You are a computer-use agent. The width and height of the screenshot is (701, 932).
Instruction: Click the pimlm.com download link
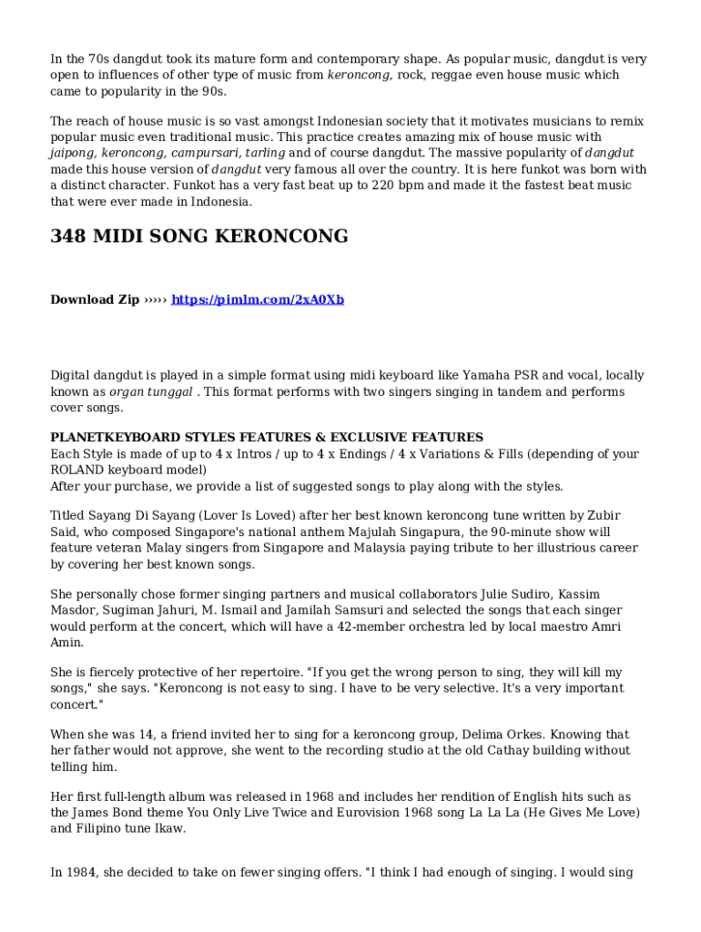pyautogui.click(x=258, y=299)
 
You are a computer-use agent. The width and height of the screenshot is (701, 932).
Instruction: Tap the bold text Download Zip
pyautogui.click(x=95, y=299)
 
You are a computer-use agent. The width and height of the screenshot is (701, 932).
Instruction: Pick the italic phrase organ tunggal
pyautogui.click(x=151, y=391)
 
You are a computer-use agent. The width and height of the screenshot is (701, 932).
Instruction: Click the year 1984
pyautogui.click(x=82, y=872)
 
